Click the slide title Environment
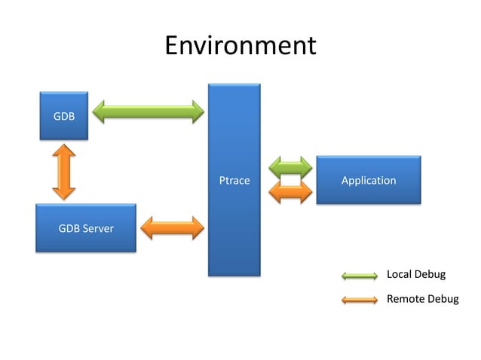[240, 45]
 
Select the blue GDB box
[64, 117]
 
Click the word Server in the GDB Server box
[98, 228]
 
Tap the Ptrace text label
[234, 181]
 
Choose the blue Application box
[368, 180]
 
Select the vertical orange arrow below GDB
[64, 172]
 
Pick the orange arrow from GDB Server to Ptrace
[173, 227]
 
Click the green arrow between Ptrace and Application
[290, 167]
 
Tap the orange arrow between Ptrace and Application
[290, 192]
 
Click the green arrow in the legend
[359, 275]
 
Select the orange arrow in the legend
[359, 300]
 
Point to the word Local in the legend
[399, 274]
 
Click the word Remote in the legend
[405, 299]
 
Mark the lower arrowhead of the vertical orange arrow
[64, 193]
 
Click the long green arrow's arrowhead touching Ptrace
[198, 112]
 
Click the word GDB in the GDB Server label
[69, 228]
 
